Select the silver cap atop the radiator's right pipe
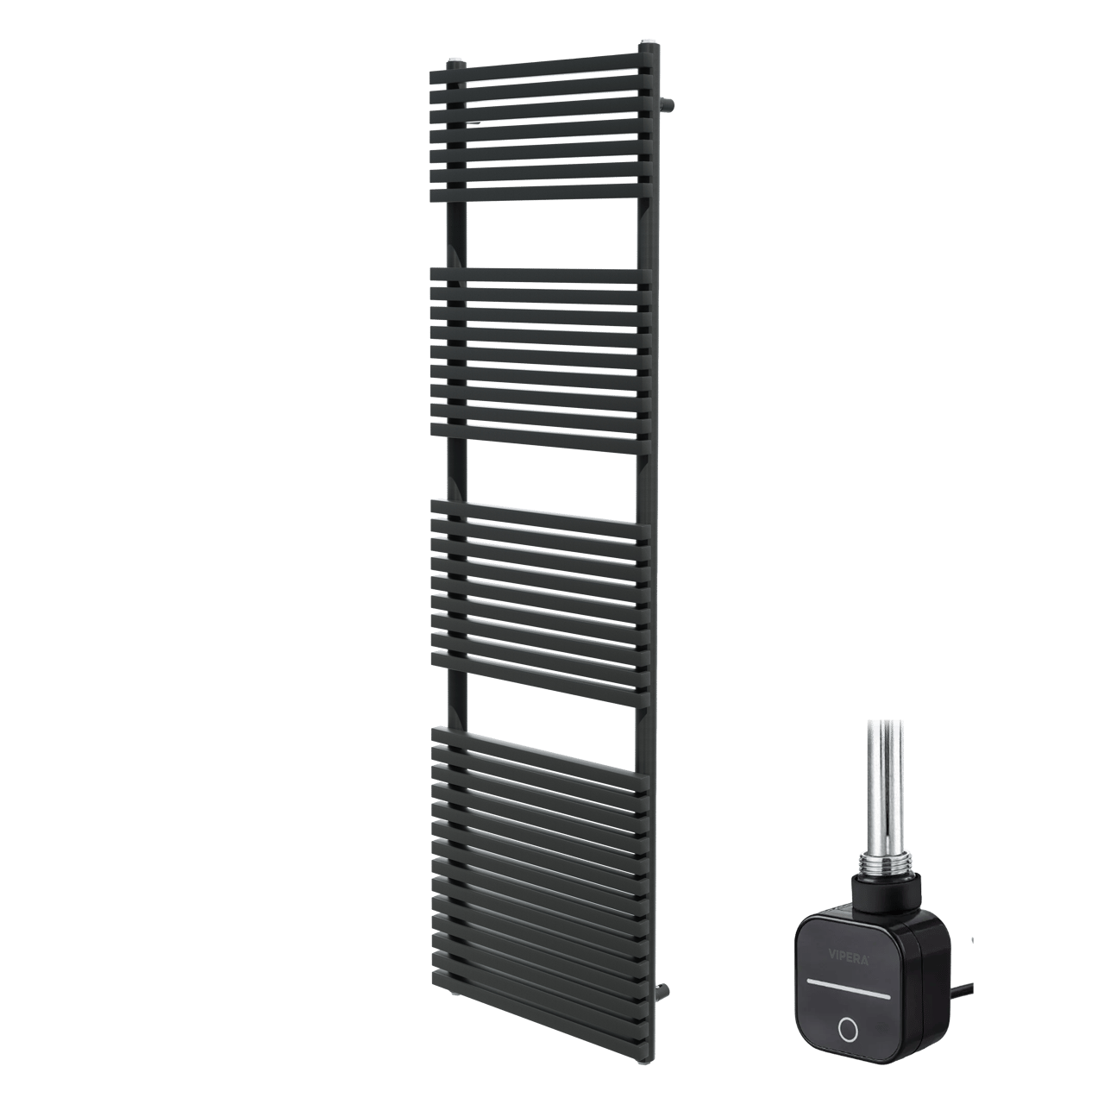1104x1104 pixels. (x=648, y=43)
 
